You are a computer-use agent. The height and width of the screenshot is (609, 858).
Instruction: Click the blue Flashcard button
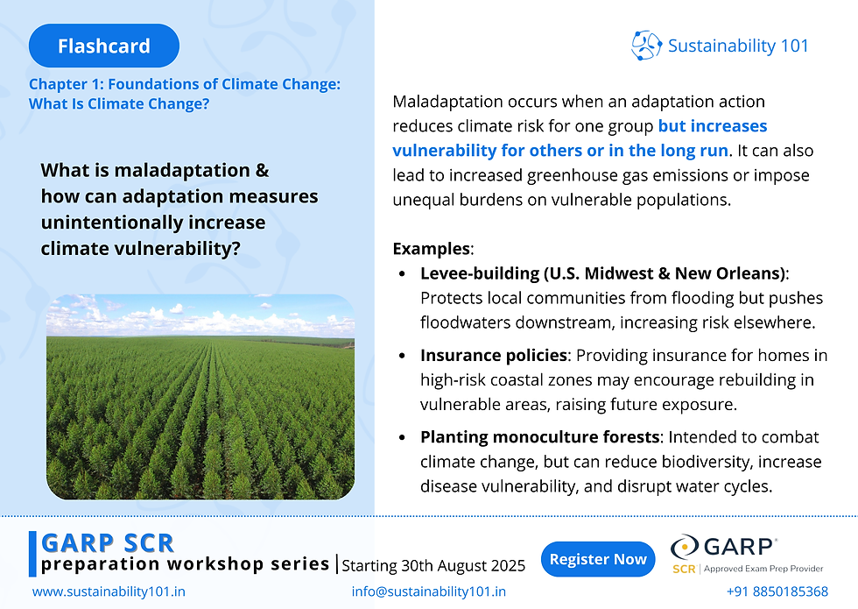(103, 46)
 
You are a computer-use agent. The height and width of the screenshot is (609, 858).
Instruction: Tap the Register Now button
(599, 559)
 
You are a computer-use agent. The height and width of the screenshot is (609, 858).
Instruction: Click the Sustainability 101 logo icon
(646, 46)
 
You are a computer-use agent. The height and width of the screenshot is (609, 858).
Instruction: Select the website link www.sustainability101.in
(109, 591)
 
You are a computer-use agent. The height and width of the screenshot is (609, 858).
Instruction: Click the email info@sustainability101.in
(428, 591)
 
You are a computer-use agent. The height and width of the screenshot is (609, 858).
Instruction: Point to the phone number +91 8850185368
(777, 591)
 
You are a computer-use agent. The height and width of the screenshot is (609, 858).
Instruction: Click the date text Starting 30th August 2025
(433, 564)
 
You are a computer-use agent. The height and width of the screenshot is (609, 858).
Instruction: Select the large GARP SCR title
(108, 542)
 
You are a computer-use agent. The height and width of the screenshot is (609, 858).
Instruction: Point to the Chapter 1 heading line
(184, 85)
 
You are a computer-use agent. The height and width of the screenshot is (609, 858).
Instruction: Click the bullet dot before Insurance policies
(402, 357)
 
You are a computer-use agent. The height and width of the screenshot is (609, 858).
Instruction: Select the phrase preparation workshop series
(185, 563)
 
